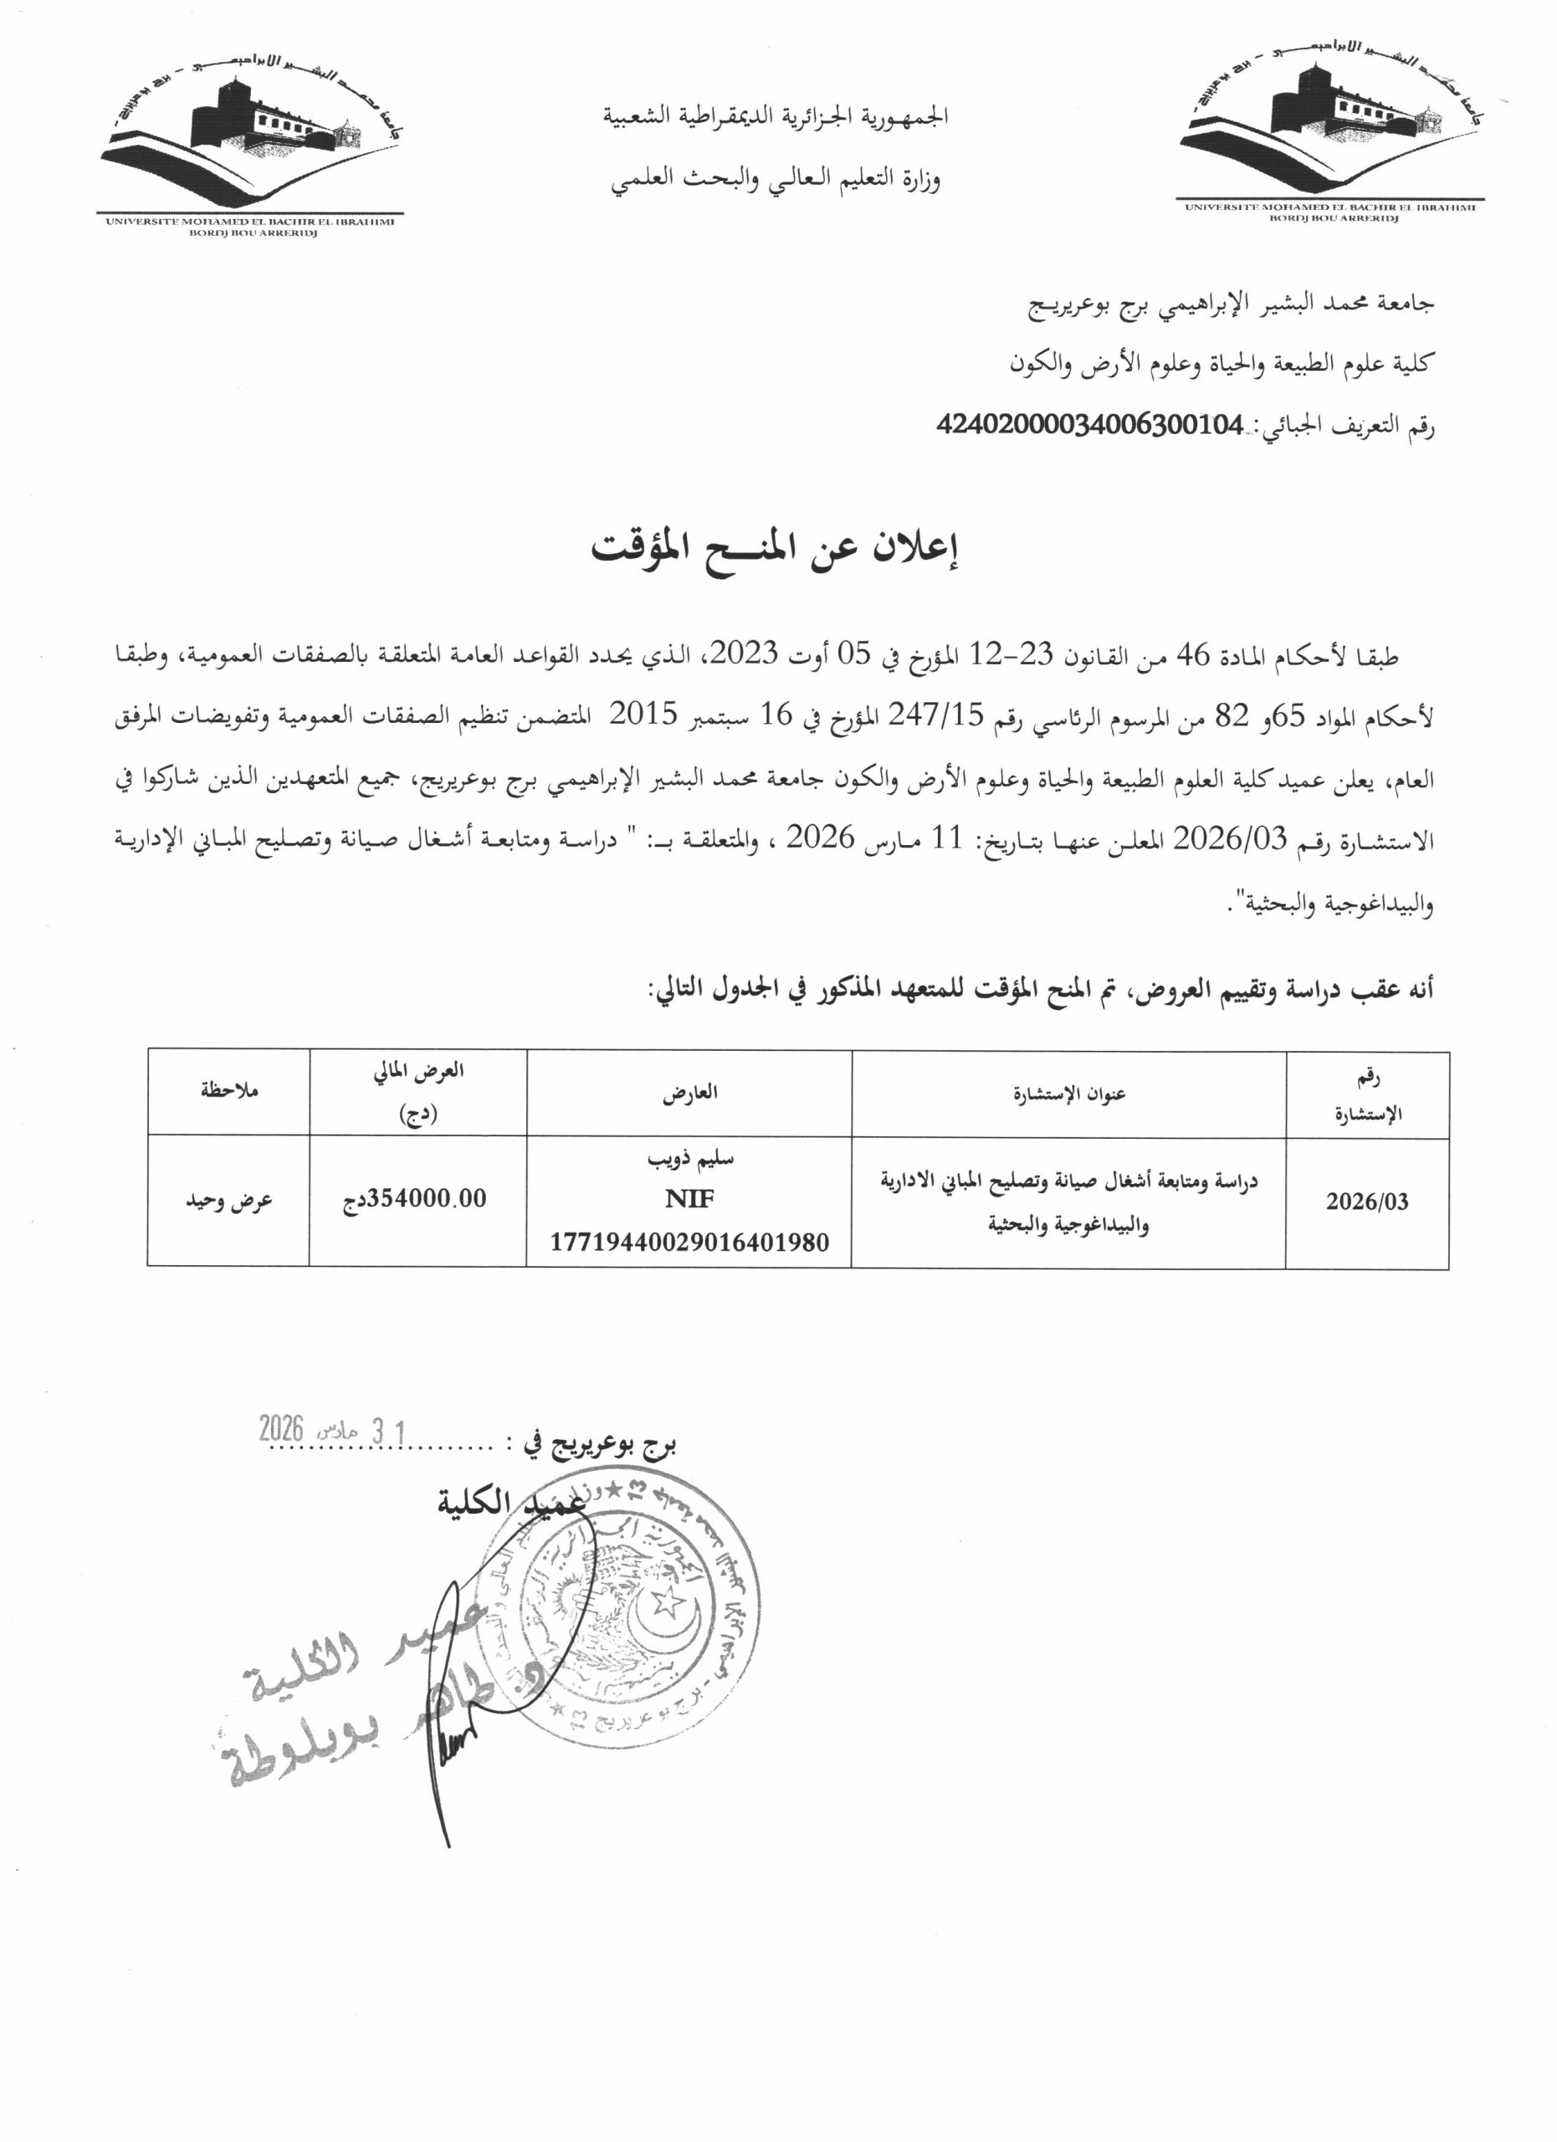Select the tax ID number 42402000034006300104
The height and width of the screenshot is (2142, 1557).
tap(1089, 425)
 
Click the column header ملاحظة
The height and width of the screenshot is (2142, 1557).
tap(228, 1091)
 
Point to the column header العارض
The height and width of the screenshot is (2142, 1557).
tap(689, 1093)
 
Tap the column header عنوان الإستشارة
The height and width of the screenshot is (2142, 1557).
tap(1069, 1094)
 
